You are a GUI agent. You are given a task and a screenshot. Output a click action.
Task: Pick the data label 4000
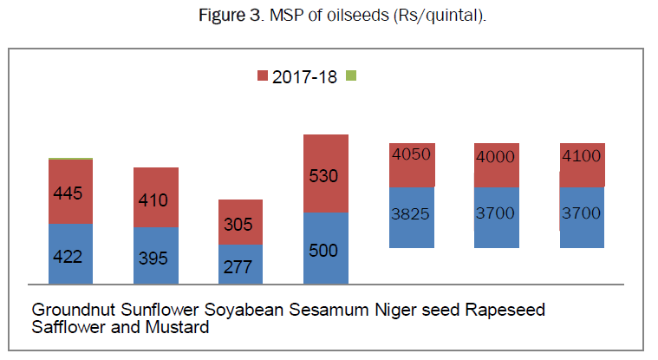pos(496,156)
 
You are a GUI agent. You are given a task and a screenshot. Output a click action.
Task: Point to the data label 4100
pos(582,156)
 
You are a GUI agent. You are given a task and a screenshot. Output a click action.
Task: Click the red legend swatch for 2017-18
pos(264,76)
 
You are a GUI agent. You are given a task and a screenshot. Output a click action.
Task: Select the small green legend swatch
pos(350,76)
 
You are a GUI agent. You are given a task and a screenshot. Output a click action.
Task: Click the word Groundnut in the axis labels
pos(71,310)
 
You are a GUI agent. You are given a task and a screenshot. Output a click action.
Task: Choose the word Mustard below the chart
pos(179,328)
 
